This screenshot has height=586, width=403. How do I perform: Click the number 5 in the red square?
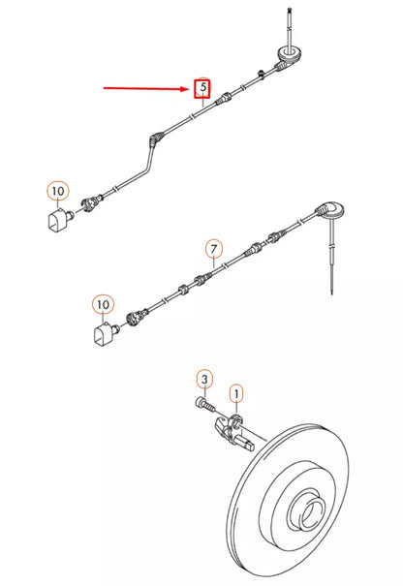(x=202, y=87)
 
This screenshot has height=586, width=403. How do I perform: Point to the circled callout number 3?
(x=204, y=378)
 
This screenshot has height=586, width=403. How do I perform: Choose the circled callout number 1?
(x=235, y=393)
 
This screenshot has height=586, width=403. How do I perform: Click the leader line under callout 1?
(x=235, y=409)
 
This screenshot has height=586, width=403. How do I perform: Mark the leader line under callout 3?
(x=204, y=390)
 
